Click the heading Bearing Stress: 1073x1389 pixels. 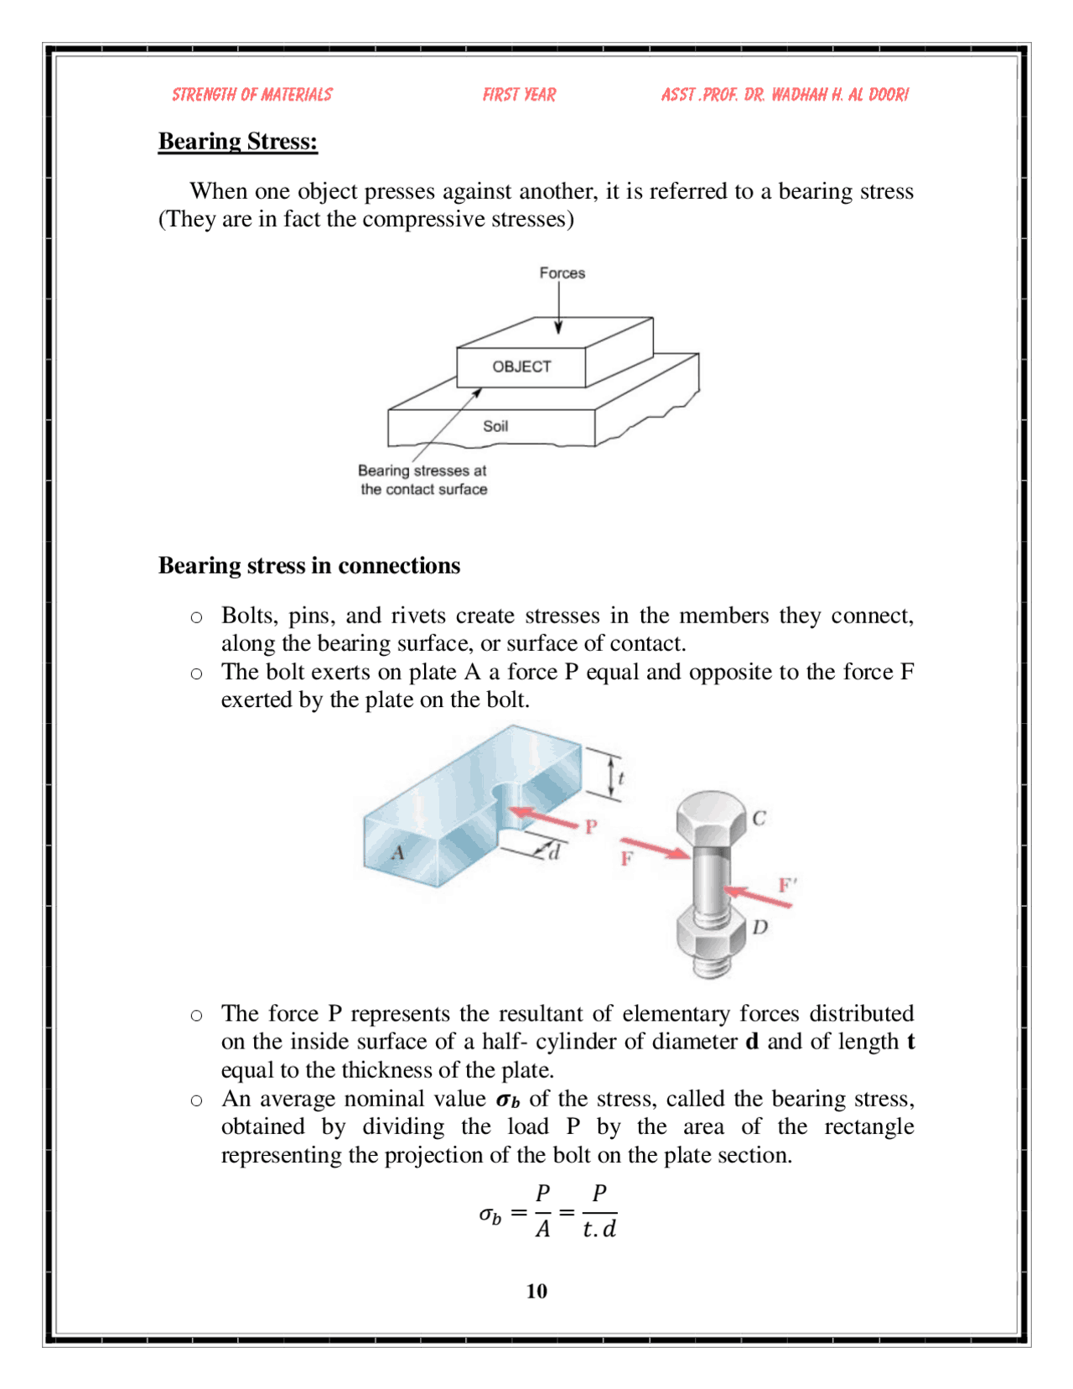[x=238, y=141]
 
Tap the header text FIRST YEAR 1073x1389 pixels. [x=519, y=95]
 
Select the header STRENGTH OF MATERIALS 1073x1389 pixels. [x=252, y=95]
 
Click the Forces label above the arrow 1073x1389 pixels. [x=562, y=273]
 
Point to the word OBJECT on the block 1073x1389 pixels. [x=521, y=367]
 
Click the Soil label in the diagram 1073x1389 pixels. [x=495, y=426]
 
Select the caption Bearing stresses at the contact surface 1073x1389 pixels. [x=422, y=480]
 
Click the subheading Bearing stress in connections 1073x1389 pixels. [x=309, y=565]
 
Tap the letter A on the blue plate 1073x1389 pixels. [x=397, y=853]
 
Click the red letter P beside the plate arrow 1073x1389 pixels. [x=591, y=827]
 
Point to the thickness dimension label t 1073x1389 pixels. [x=620, y=778]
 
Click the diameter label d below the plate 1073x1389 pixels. [x=553, y=853]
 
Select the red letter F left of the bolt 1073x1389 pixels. [x=626, y=859]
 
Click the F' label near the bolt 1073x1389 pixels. [x=787, y=885]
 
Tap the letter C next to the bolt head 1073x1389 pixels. [x=759, y=818]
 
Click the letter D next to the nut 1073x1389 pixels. [x=760, y=927]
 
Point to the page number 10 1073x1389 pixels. [x=536, y=1291]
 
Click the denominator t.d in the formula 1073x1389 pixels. [x=599, y=1229]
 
